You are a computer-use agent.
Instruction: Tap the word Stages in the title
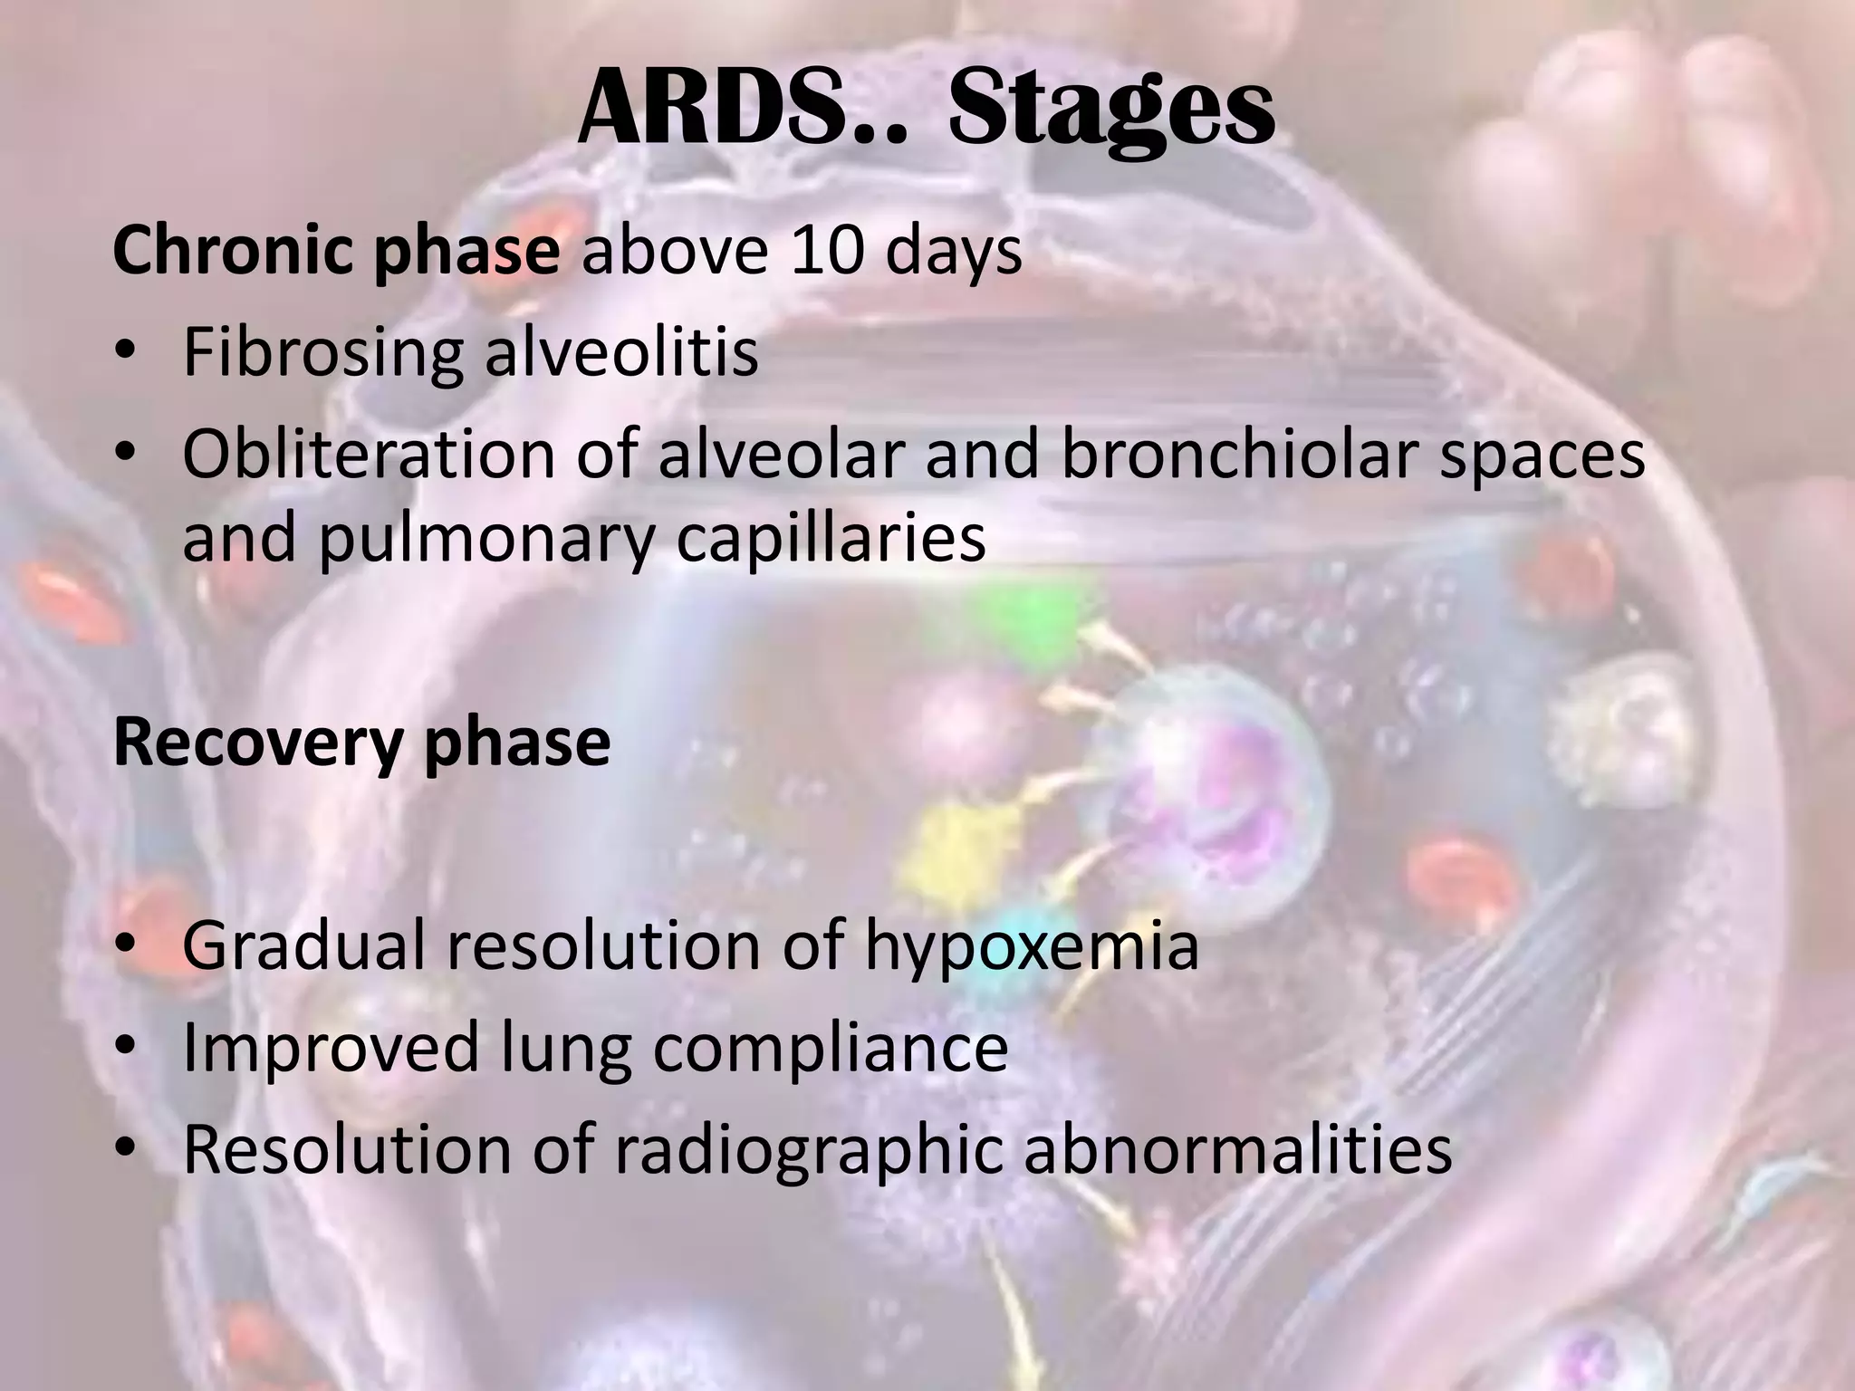coord(1111,110)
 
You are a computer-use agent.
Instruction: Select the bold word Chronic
coord(238,252)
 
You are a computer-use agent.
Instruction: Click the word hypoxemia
coord(1032,946)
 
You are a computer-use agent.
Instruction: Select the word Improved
coord(330,1048)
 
